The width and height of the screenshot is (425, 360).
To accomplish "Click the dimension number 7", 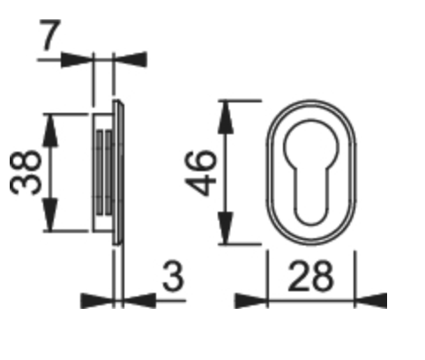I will (x=50, y=37).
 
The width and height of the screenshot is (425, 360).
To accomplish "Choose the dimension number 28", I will (x=309, y=278).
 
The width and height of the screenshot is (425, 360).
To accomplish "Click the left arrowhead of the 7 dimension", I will (x=78, y=60).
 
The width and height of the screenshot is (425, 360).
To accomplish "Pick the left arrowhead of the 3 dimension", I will (x=97, y=300).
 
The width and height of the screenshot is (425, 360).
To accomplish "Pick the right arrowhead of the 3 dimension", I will (x=139, y=300).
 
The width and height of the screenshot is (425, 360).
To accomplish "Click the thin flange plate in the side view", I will (x=121, y=172).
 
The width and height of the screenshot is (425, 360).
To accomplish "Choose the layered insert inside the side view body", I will (x=104, y=172).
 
